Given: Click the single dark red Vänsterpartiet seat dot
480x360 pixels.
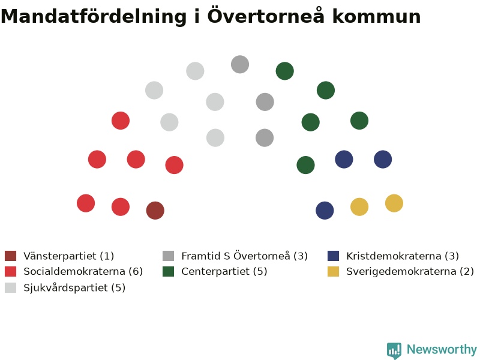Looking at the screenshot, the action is point(155,211).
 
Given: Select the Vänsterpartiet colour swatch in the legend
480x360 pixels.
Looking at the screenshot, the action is point(10,256).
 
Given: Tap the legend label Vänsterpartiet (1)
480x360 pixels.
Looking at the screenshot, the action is point(68,256).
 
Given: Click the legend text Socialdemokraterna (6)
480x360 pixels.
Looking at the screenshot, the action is point(83,271).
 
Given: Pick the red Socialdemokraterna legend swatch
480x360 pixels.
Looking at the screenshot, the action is point(10,271).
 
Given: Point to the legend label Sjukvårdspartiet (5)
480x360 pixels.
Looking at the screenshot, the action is point(74,288).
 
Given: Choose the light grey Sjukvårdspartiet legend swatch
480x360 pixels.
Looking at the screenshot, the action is point(10,287).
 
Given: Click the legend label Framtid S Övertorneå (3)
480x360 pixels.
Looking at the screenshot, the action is point(244,256).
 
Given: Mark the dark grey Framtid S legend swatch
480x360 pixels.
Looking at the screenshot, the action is point(169,256).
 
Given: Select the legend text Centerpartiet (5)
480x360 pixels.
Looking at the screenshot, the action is point(224,272).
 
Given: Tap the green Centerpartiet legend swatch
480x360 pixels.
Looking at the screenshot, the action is point(169,271).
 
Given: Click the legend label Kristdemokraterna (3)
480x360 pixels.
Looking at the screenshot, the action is point(402,256).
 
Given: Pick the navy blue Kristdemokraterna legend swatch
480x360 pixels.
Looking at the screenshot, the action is point(333,256).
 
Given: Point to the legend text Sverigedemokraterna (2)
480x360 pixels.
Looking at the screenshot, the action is point(410,272).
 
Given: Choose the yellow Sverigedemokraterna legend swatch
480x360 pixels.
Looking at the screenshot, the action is point(333,271).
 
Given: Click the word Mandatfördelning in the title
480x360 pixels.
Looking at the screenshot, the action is point(94,17).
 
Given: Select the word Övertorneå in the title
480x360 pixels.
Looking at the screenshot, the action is point(266,16).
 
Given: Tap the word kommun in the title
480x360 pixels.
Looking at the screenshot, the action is point(376,17).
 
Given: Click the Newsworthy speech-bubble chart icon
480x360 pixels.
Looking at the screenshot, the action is point(394,350).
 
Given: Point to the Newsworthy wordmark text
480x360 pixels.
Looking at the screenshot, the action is point(442,350).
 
